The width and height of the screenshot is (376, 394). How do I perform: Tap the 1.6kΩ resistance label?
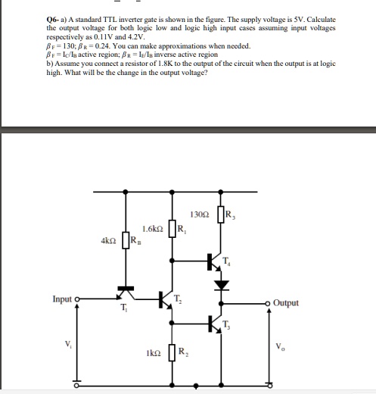[154, 229]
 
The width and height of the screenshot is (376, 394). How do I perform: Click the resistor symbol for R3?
[221, 215]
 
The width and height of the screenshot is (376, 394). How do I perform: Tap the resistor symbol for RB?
[125, 244]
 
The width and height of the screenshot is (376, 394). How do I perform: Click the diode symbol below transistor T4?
[221, 286]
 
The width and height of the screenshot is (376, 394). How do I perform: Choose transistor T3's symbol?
[215, 324]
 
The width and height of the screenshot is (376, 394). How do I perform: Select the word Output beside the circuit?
[285, 303]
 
